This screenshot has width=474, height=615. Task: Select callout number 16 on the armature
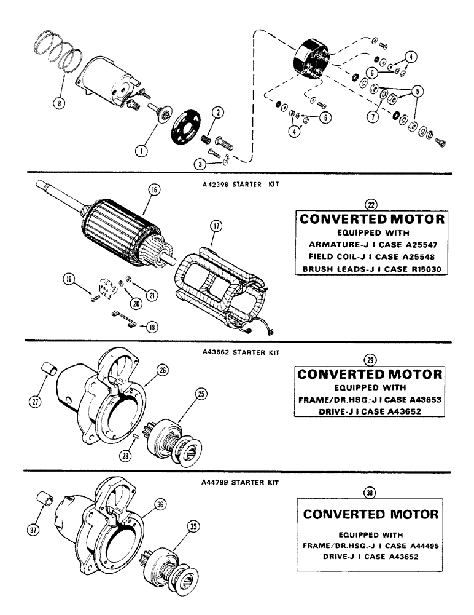tap(153, 191)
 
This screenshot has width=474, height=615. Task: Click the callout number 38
tap(369, 492)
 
